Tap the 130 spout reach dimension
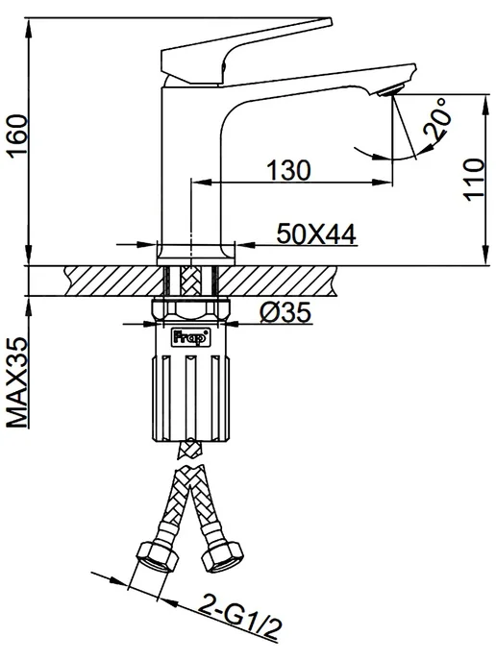pos(288,170)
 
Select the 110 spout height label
pos(474,180)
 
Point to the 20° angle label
pos(437,119)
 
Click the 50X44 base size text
pos(316,234)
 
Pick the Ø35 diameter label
pos(285,312)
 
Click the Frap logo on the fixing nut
pos(191,337)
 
